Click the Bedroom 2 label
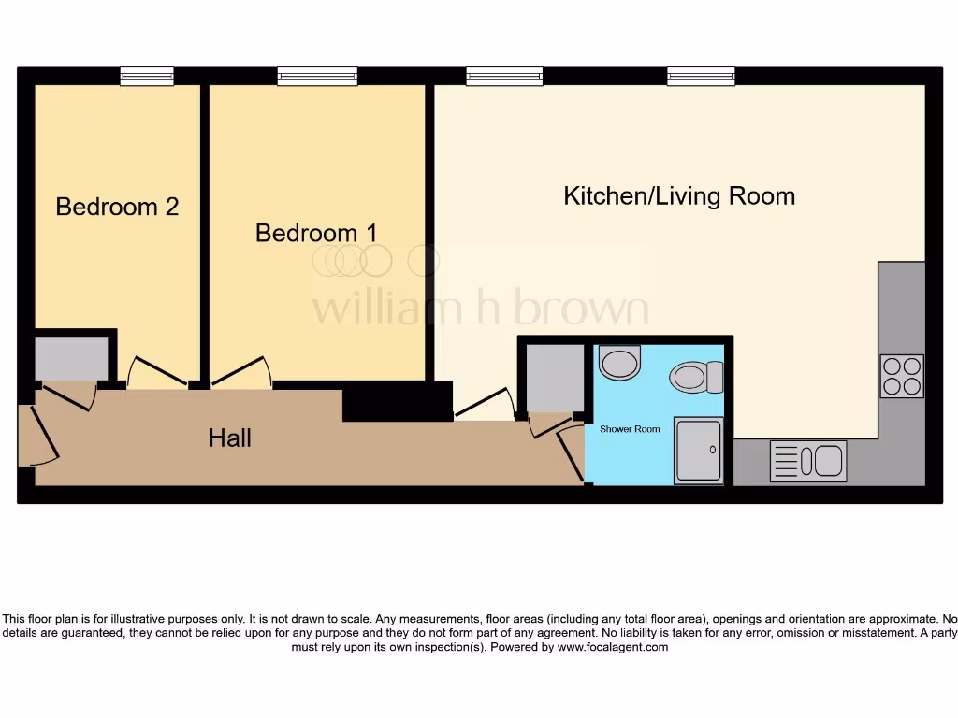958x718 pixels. click(x=117, y=207)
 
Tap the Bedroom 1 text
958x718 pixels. click(x=316, y=233)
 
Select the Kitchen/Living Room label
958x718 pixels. click(x=678, y=196)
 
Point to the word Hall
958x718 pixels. click(x=229, y=438)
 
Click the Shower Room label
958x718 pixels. click(x=629, y=429)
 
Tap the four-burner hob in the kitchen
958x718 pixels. click(x=901, y=376)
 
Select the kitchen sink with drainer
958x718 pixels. click(x=808, y=461)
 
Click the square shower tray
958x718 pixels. click(x=699, y=451)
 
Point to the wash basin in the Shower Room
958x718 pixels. click(x=619, y=362)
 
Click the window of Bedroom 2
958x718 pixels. click(x=147, y=77)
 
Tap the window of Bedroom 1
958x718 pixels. click(x=317, y=77)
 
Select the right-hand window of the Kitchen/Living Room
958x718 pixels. click(x=700, y=77)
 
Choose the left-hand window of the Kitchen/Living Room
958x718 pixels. click(x=504, y=77)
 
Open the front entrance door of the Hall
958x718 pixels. click(x=38, y=436)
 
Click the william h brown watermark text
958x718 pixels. click(x=479, y=309)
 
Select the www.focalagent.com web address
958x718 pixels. click(x=613, y=647)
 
